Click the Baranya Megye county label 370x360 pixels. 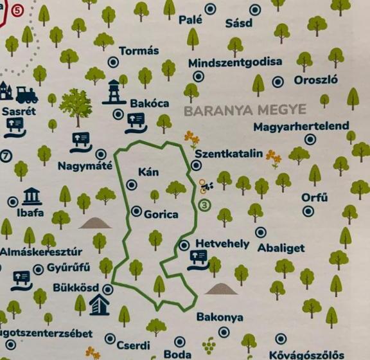click(245, 110)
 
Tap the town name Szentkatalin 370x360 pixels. click(229, 154)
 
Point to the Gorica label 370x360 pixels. click(161, 214)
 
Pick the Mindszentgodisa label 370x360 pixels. click(235, 62)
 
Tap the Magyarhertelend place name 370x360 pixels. click(301, 126)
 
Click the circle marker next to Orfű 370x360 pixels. click(307, 212)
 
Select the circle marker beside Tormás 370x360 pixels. click(113, 62)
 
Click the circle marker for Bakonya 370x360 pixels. click(224, 332)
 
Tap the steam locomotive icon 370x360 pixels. click(26, 94)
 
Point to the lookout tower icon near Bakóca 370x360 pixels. click(114, 92)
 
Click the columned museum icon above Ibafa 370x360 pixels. click(32, 196)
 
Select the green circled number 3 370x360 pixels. click(205, 206)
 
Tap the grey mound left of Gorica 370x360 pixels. click(94, 223)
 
